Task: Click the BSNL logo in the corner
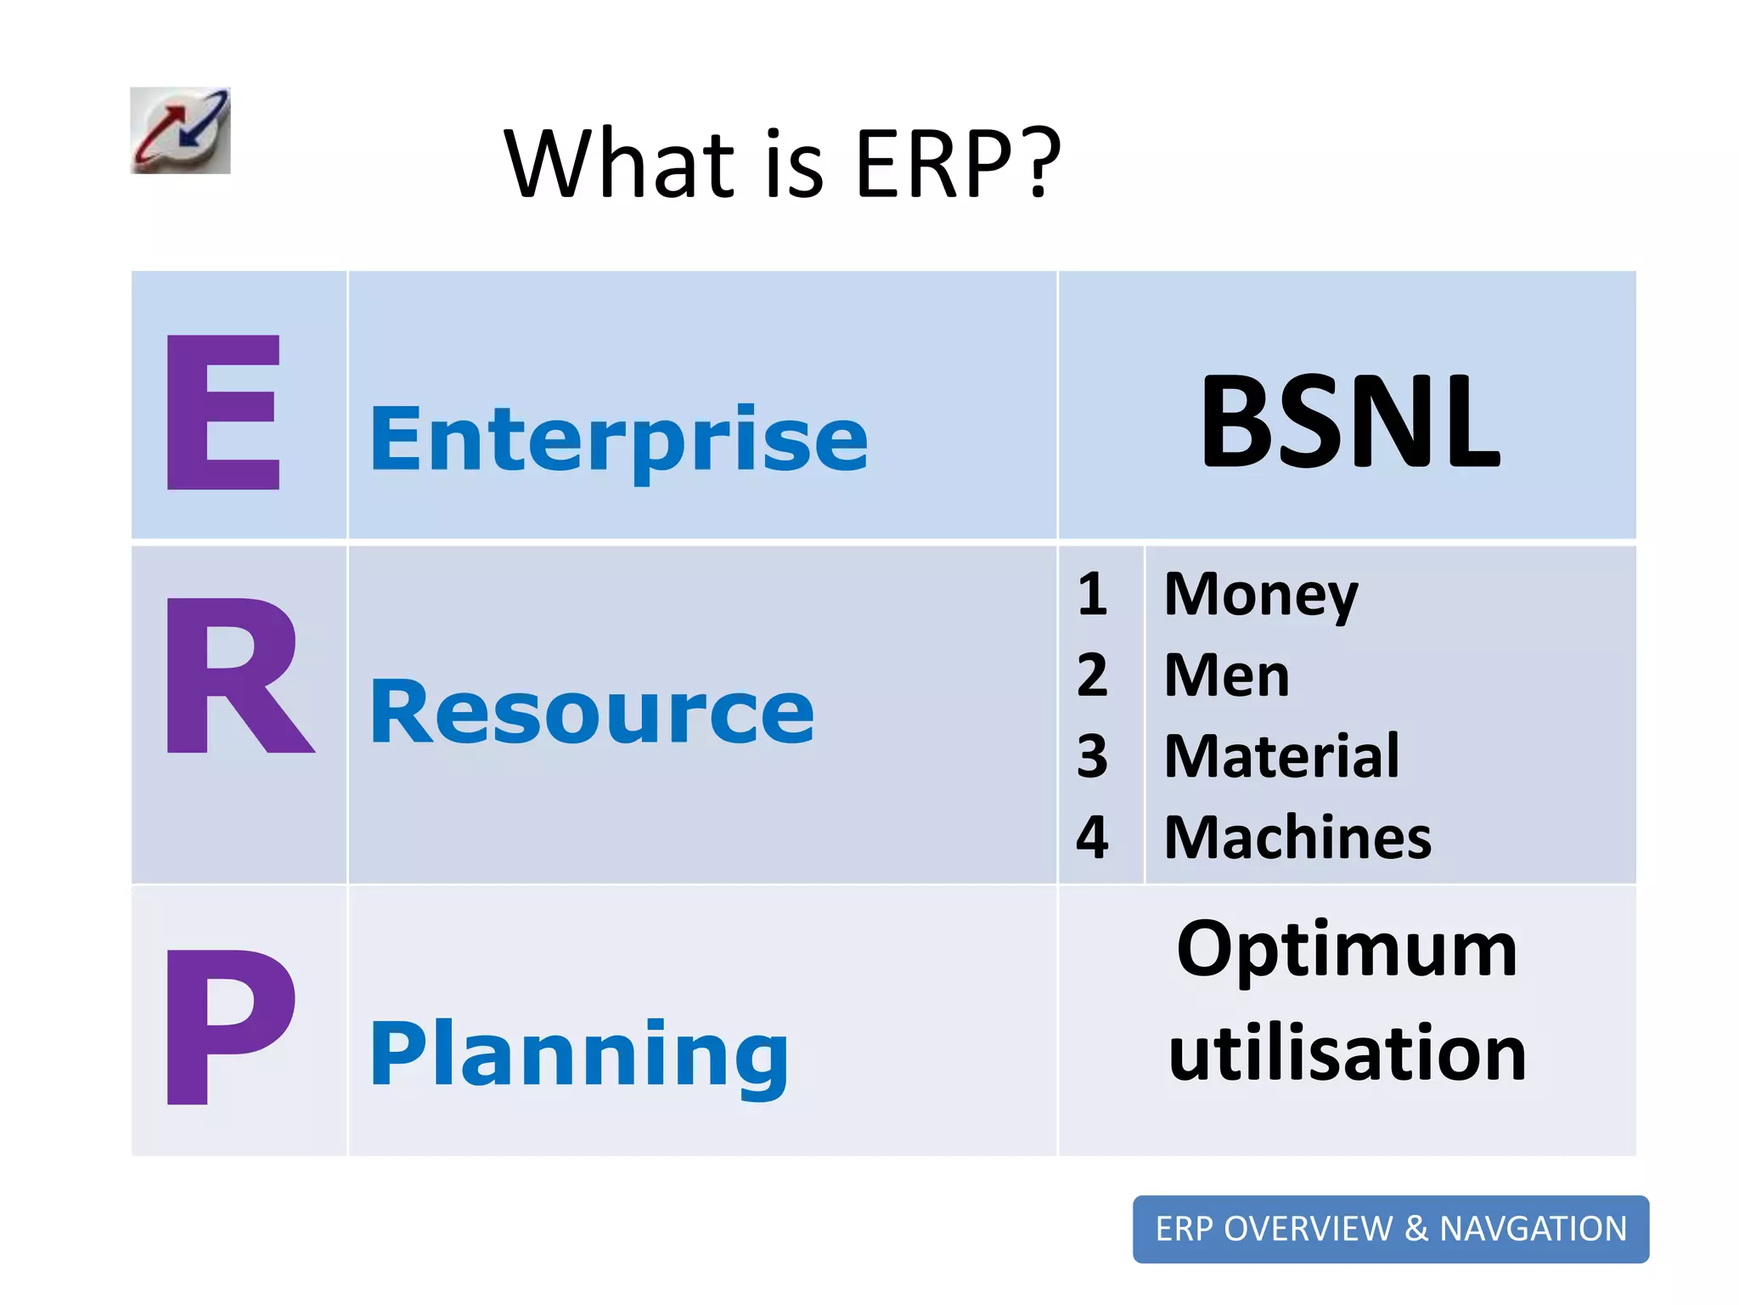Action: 180,131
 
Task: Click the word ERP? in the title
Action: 958,163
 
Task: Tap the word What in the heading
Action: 619,163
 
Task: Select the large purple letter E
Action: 223,413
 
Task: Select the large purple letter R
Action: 238,675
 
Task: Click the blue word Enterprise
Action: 619,439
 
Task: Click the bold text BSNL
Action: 1350,422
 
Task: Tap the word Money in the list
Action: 1261,594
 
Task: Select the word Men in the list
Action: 1226,675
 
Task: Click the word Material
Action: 1280,755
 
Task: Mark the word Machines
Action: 1297,838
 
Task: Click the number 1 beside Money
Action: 1093,594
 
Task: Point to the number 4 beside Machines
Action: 1093,838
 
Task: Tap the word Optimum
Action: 1347,950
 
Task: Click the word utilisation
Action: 1347,1054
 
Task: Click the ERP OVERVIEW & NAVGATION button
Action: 1390,1229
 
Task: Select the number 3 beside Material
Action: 1093,755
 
